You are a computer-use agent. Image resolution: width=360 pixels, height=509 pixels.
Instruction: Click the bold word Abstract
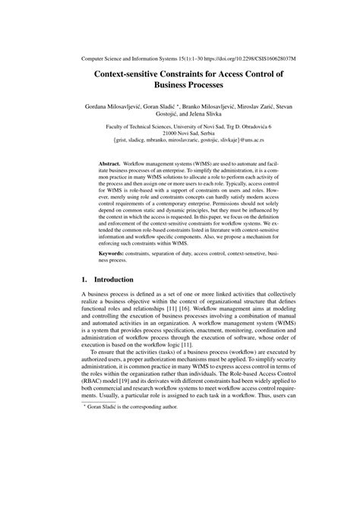[x=113, y=163]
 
